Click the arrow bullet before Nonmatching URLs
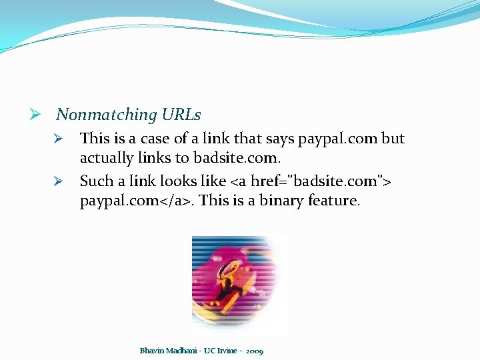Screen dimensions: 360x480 pos(37,115)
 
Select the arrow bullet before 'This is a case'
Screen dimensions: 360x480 pos(59,139)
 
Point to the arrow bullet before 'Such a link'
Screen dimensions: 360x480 pos(59,181)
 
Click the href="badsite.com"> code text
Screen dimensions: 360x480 pos(321,181)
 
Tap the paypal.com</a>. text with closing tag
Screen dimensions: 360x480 pos(136,201)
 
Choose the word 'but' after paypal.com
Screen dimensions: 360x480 pos(393,139)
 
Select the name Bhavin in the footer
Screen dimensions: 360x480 pos(150,350)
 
